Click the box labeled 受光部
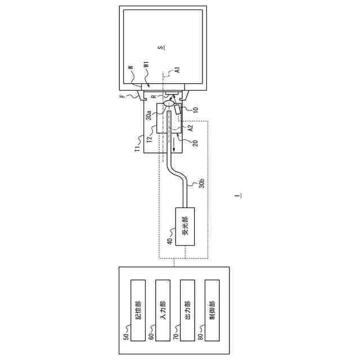point(184,226)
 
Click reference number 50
point(126,336)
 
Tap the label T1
point(136,150)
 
